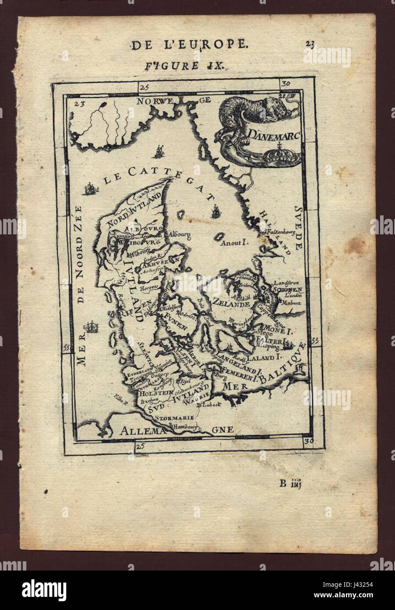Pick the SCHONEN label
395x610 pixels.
coord(287,290)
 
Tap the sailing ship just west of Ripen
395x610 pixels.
coord(92,327)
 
